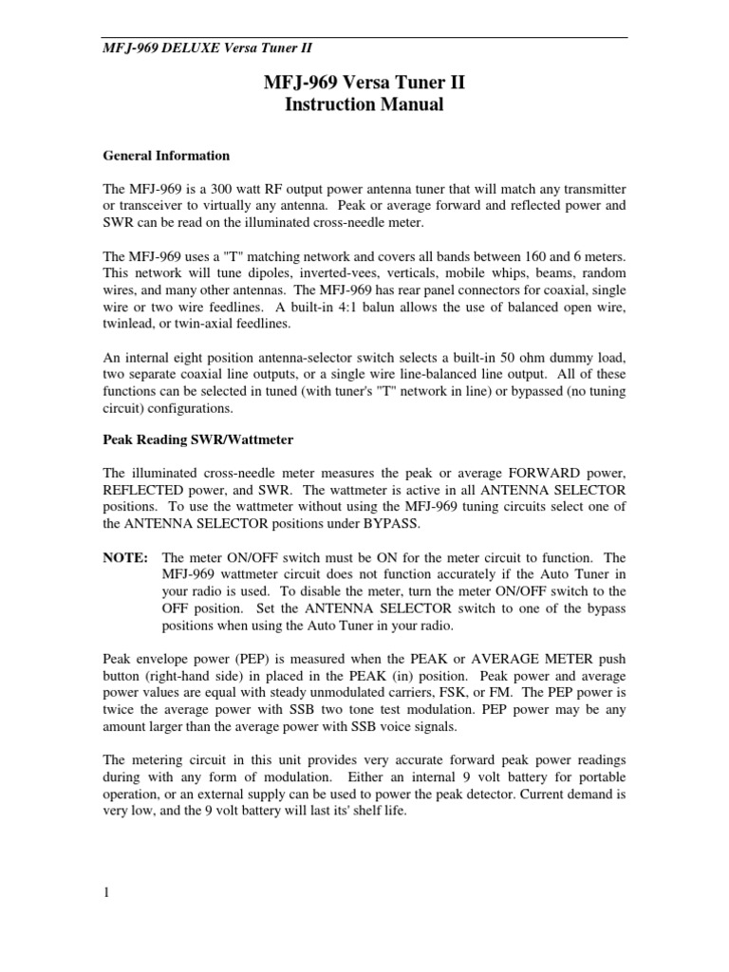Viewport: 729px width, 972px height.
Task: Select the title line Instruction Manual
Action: tap(364, 104)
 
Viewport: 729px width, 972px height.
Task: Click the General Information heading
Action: tap(166, 156)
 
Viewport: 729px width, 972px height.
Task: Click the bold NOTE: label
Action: tap(125, 558)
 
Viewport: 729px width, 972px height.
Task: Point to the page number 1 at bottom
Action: tap(106, 893)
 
